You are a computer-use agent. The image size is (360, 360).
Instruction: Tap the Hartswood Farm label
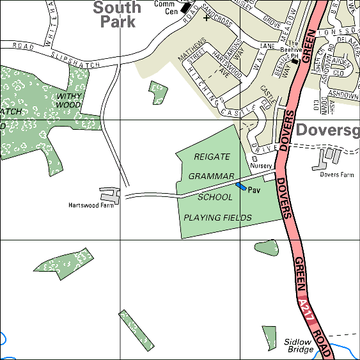click(x=91, y=205)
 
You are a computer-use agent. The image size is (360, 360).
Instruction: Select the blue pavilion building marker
click(x=241, y=187)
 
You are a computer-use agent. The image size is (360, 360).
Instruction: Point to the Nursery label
click(x=261, y=166)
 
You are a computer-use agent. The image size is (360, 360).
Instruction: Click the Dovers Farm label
click(x=337, y=174)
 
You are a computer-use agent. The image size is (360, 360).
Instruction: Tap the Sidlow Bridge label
click(x=298, y=346)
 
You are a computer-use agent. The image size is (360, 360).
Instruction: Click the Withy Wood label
click(x=68, y=100)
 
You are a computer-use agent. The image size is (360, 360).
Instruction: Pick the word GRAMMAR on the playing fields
click(x=212, y=176)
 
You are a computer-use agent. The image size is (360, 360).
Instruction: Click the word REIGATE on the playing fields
click(x=211, y=156)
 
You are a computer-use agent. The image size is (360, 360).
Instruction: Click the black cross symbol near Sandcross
click(x=206, y=18)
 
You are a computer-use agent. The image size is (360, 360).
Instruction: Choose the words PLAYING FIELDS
click(x=217, y=218)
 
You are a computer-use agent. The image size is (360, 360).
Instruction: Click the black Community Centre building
click(x=186, y=8)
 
